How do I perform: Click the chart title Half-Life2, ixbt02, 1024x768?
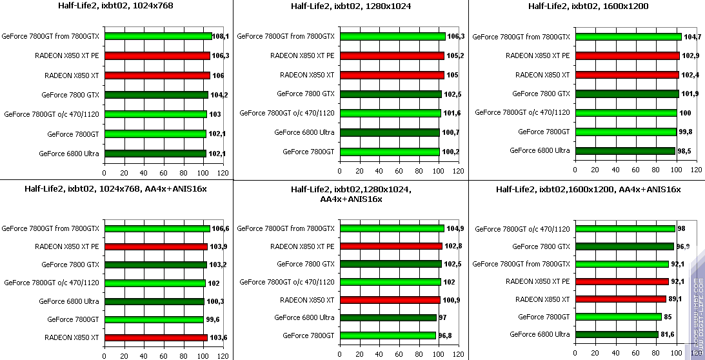117,6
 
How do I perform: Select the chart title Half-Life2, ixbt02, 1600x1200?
588,6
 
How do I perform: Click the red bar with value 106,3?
157,55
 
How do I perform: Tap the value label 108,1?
221,37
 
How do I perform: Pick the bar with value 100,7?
390,133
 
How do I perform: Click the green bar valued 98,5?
624,151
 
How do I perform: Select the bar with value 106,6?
157,228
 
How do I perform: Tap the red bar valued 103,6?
156,337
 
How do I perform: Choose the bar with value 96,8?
388,335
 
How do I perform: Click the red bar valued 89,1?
620,299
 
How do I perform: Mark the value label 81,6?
668,334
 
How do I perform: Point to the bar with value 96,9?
624,246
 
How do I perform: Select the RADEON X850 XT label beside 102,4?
542,75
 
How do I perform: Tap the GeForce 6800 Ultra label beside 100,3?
69,301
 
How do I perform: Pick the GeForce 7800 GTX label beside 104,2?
70,95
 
